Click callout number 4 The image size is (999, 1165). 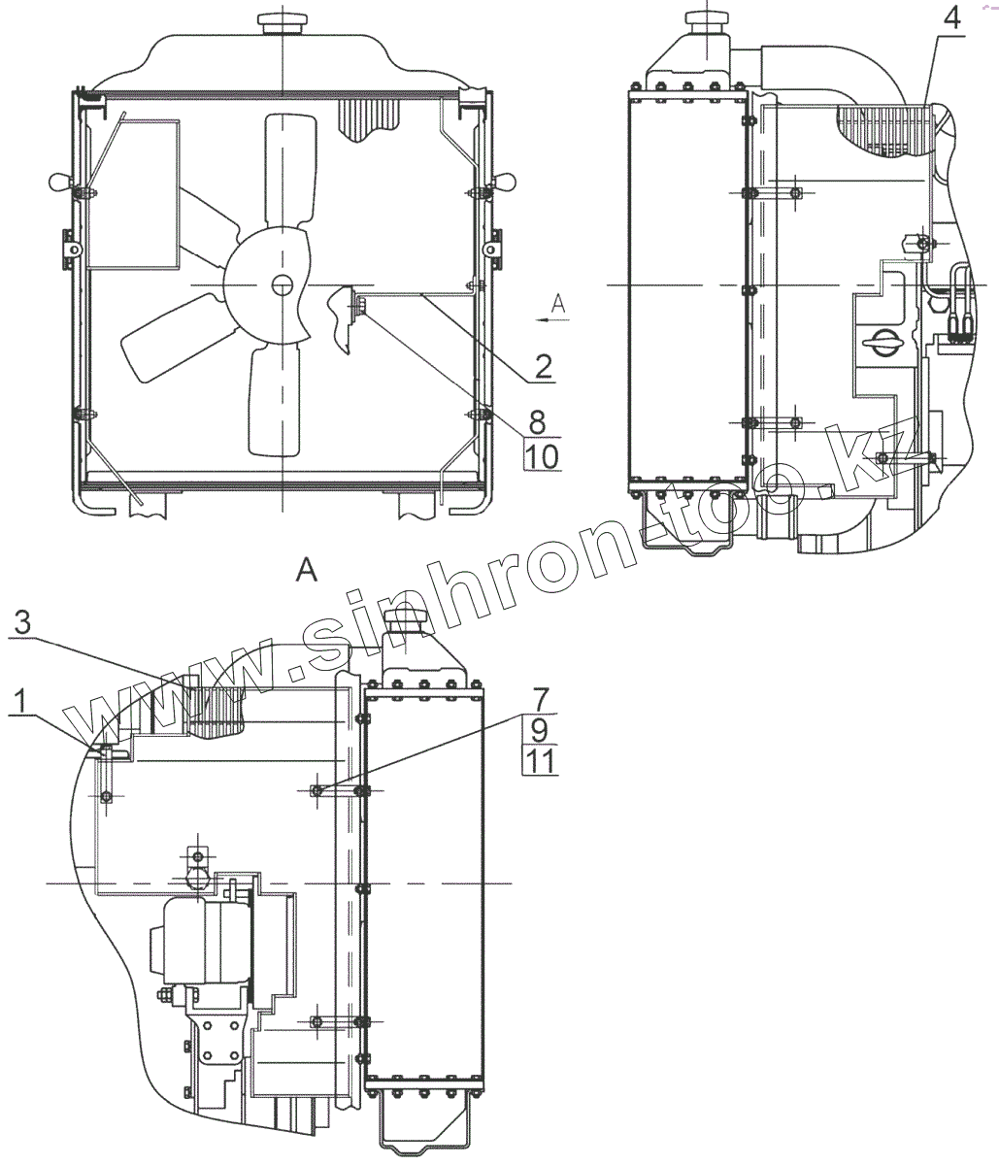click(950, 18)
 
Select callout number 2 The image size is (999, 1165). click(544, 367)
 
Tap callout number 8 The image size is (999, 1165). click(537, 421)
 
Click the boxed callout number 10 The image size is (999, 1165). click(542, 456)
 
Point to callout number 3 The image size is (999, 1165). click(22, 623)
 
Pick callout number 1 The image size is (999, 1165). click(20, 701)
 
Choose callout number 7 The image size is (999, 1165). click(540, 698)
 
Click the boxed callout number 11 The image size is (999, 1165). click(540, 761)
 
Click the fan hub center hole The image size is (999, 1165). click(281, 285)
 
